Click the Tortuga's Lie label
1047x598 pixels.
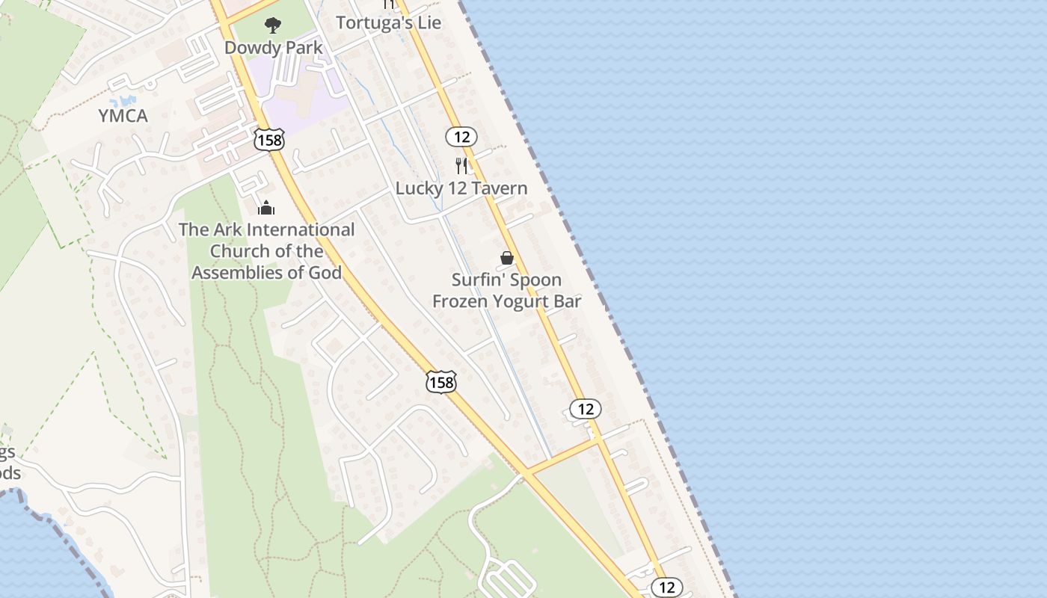388,22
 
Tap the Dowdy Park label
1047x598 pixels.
274,48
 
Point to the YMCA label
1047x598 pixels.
123,116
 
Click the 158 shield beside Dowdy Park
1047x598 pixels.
268,139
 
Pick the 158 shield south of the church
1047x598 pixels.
440,382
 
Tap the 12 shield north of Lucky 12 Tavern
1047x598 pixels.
461,136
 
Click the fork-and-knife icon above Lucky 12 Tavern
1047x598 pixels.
461,165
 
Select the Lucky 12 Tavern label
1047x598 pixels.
461,188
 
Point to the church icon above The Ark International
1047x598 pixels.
266,208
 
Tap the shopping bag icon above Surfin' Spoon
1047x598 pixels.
507,258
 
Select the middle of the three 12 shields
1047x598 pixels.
585,409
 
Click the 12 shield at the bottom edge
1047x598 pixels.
666,587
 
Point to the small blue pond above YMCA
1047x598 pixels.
123,100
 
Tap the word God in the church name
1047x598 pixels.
325,272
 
